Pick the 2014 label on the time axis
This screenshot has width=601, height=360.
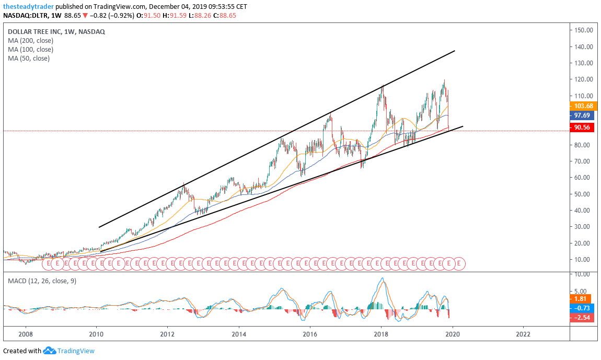[x=239, y=334]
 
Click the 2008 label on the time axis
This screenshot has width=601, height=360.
[x=25, y=334]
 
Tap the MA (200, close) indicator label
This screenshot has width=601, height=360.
[x=30, y=40]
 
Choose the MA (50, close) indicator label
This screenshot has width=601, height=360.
[x=29, y=58]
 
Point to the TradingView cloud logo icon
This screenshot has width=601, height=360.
[x=49, y=351]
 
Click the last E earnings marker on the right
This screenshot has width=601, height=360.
[x=458, y=264]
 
